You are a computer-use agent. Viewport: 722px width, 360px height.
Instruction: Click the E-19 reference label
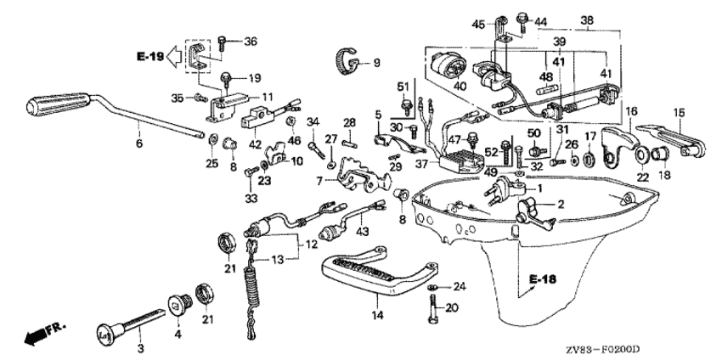tap(147, 57)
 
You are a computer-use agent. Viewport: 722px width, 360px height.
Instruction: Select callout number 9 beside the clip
tap(376, 62)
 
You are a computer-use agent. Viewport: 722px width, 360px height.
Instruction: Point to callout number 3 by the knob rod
tap(141, 347)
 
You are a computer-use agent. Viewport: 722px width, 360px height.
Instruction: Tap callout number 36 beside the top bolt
tap(250, 42)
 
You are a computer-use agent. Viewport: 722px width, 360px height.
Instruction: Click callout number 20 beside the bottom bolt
tap(452, 308)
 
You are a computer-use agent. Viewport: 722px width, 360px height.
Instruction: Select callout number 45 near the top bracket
tap(478, 23)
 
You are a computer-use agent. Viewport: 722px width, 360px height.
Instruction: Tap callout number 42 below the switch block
tap(256, 145)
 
